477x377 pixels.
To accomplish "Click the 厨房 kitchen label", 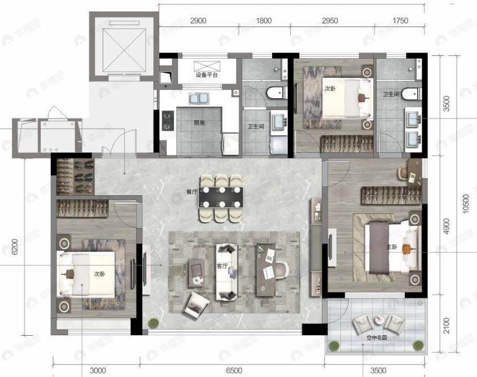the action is (199, 123).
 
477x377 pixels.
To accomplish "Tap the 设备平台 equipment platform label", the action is (207, 75).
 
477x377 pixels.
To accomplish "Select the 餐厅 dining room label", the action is (192, 192).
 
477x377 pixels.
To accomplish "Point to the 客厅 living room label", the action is (222, 266).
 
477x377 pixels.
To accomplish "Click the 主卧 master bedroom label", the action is (392, 247).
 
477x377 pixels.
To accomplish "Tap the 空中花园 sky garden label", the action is (377, 337).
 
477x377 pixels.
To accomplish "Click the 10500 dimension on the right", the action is (466, 204).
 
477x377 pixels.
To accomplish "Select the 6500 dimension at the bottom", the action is (234, 371).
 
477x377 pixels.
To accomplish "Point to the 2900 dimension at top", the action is (198, 21).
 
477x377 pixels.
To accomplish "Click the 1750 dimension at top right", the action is (400, 21).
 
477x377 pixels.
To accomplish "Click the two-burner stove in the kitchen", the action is (168, 120).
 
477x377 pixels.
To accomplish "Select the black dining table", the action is (221, 197).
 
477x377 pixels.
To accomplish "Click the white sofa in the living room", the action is (226, 272).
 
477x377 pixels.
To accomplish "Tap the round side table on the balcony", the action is (379, 320).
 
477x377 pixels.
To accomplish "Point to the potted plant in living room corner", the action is (154, 323).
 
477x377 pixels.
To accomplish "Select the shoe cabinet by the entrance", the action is (75, 177).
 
